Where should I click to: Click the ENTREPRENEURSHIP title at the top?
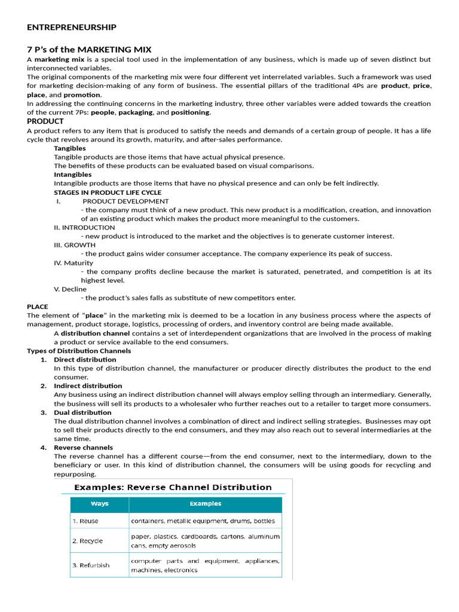point(72,27)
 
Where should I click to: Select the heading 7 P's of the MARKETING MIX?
point(89,49)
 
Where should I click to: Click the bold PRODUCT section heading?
point(45,121)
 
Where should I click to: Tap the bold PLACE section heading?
point(38,307)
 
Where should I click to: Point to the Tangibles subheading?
point(70,148)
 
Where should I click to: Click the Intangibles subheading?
point(73,175)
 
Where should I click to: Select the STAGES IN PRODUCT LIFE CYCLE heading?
point(108,192)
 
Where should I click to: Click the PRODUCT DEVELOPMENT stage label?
point(126,201)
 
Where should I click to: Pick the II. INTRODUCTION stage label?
point(84,227)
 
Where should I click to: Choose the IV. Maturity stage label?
point(74,262)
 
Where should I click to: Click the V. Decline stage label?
point(70,289)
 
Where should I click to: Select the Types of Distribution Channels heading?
point(79,351)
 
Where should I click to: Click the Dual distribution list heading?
point(82,412)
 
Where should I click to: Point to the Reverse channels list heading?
point(84,448)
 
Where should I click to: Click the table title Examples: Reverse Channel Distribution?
point(173,487)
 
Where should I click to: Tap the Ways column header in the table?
point(99,503)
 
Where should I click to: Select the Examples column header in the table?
point(206,503)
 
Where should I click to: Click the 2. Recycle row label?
point(88,541)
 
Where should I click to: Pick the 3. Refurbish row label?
point(91,565)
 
